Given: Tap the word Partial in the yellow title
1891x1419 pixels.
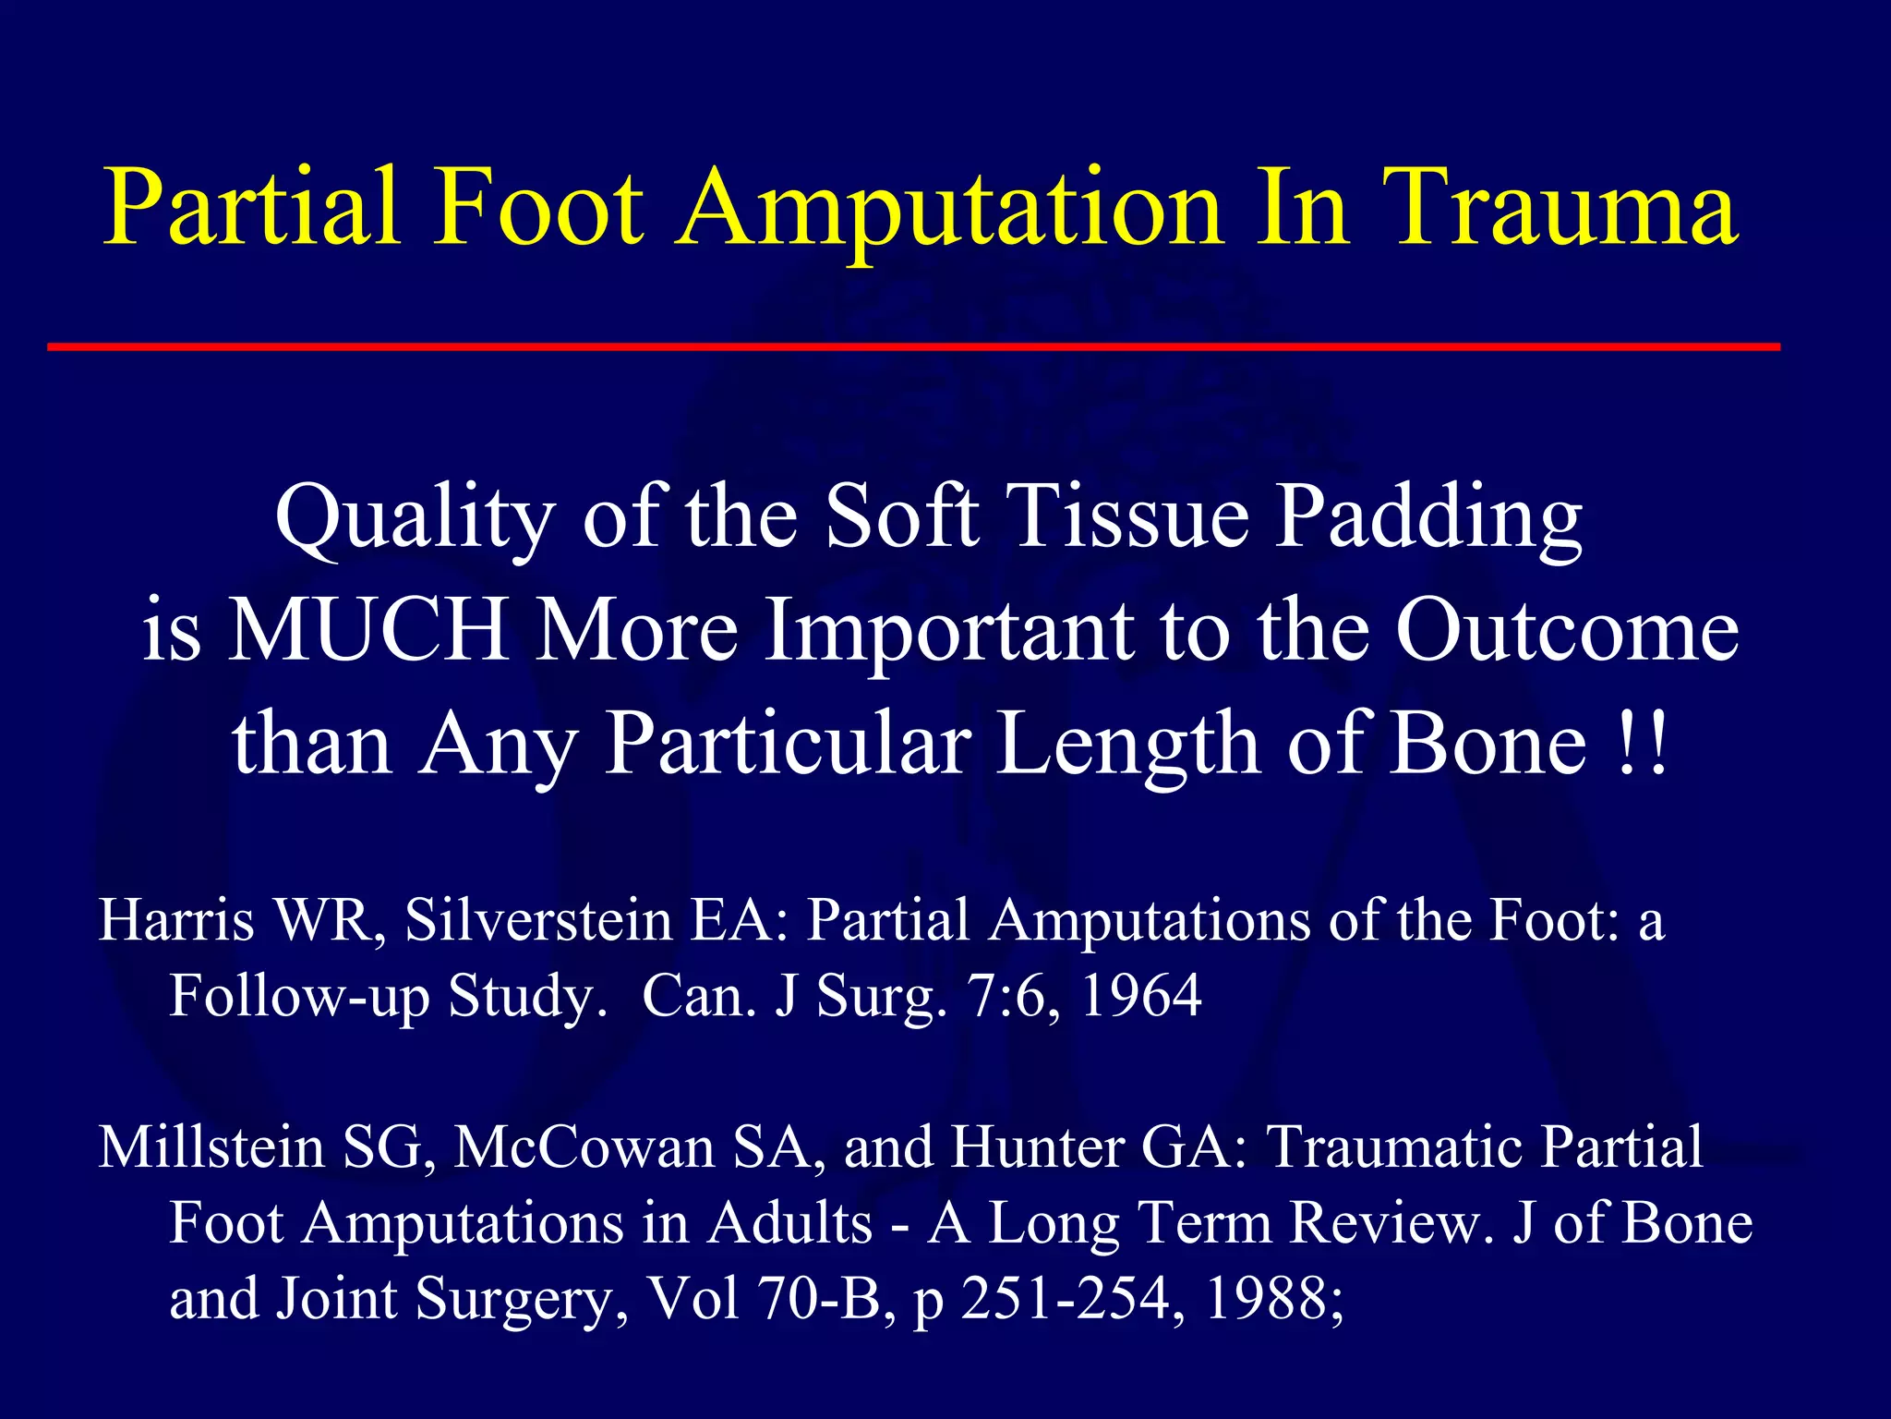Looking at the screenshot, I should [252, 208].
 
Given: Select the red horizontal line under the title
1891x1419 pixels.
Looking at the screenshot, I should [914, 347].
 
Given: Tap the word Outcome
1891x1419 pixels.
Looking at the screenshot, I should [1567, 630].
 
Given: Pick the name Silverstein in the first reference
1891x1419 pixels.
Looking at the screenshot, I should [538, 921].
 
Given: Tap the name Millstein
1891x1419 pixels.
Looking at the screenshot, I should [211, 1147].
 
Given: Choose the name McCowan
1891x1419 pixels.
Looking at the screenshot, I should [584, 1147].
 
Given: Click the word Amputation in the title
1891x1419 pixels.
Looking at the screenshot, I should [951, 208].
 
